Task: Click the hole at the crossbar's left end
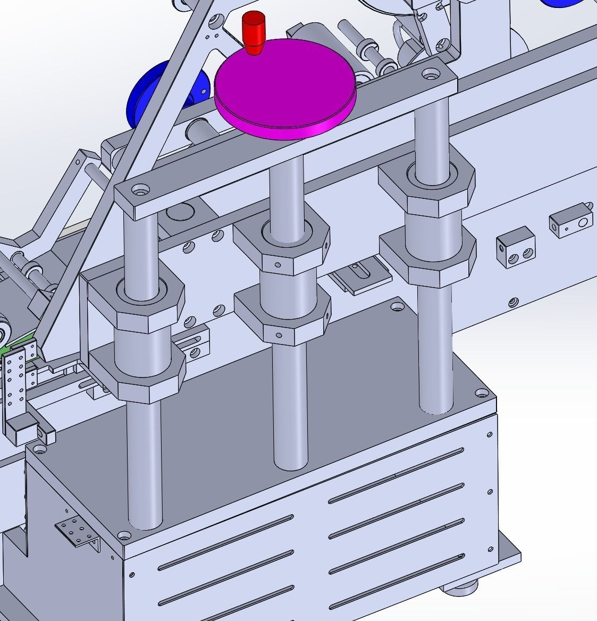click(140, 189)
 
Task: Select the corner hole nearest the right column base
click(482, 393)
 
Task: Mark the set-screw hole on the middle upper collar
click(277, 264)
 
